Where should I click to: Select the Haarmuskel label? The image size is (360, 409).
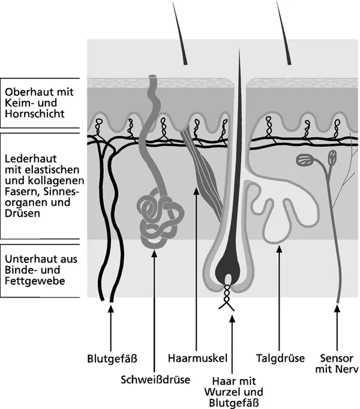[197, 359]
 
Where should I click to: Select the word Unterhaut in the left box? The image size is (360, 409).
[27, 258]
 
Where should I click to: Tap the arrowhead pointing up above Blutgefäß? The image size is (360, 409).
[110, 309]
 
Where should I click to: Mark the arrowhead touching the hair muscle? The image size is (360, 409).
[197, 192]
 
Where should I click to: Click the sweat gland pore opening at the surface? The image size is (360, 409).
[153, 79]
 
